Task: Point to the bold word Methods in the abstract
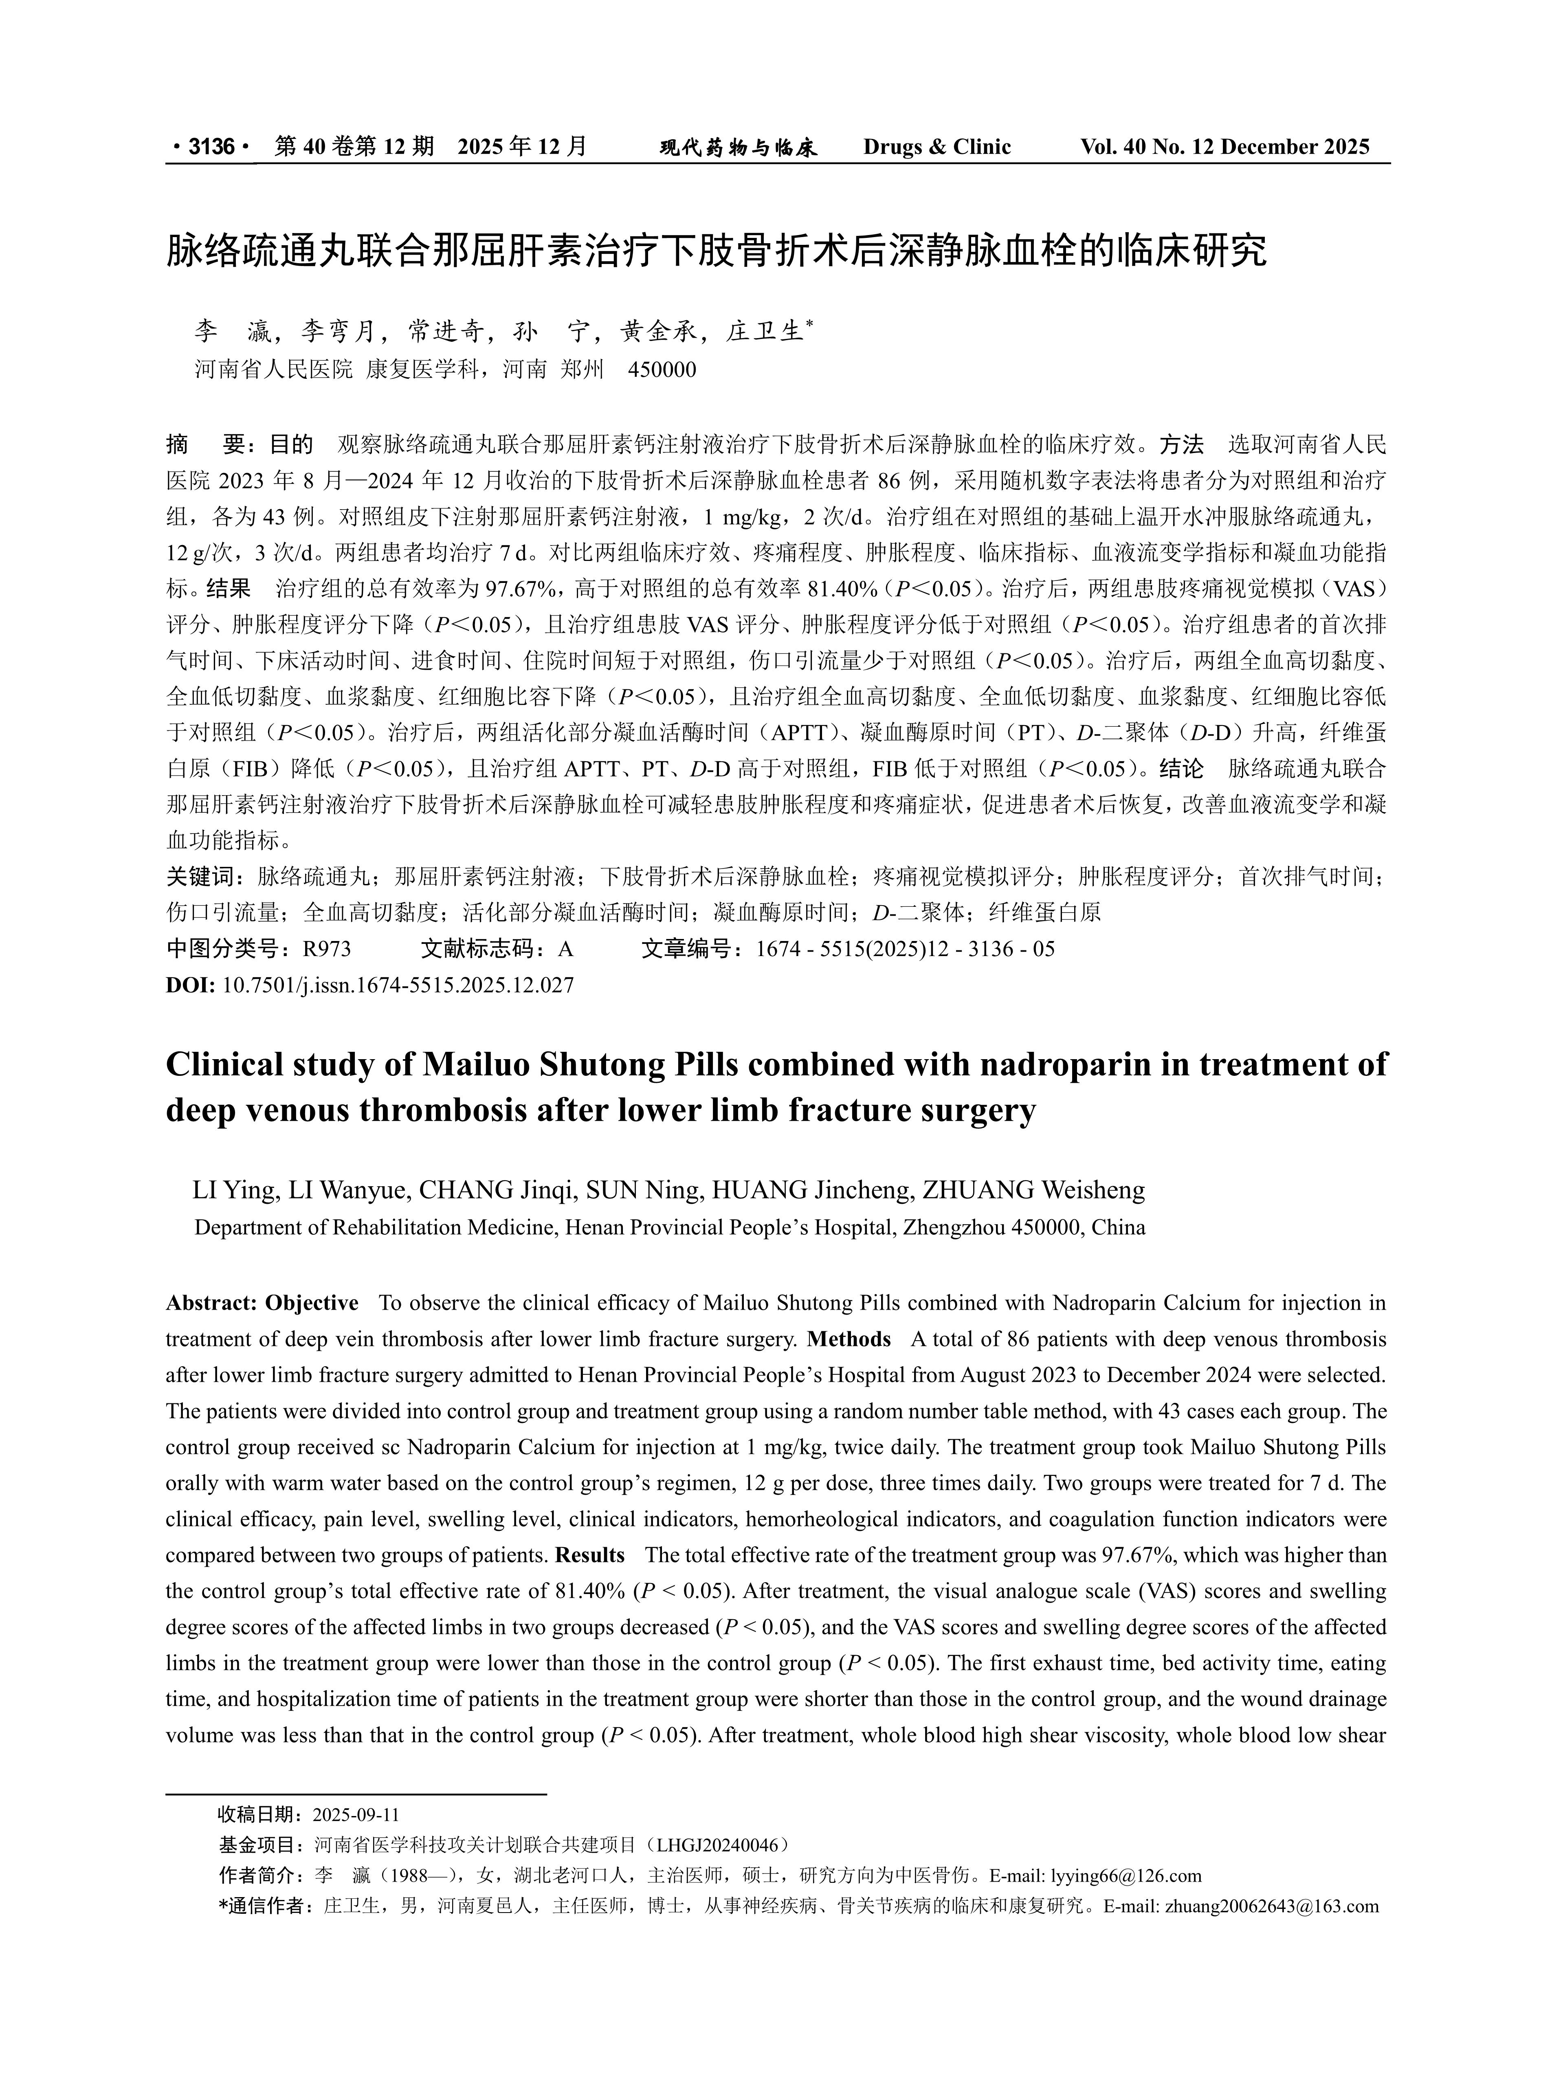coord(849,1339)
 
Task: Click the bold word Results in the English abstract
coord(590,1555)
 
